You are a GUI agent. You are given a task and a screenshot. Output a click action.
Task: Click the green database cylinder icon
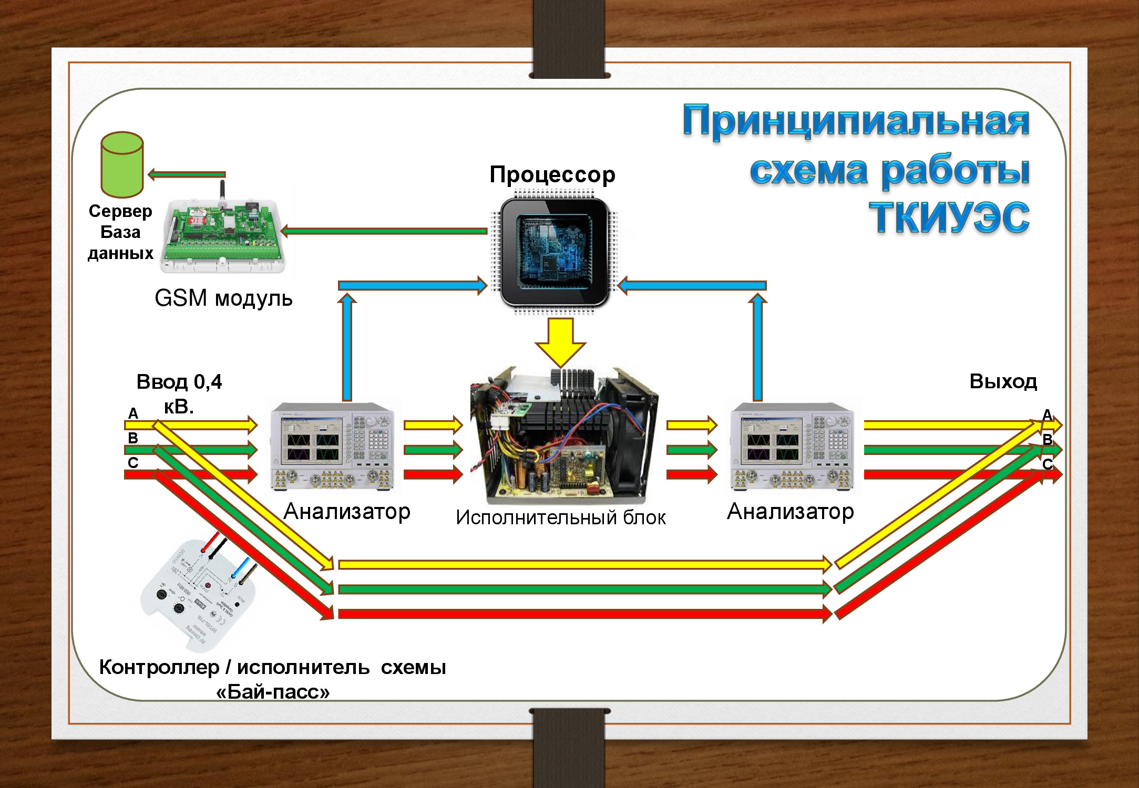point(122,165)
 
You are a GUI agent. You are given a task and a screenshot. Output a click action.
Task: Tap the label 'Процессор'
point(552,175)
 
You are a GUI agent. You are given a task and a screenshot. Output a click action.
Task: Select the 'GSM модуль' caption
point(223,298)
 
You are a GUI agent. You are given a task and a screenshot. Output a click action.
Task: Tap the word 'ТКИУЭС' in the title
point(949,217)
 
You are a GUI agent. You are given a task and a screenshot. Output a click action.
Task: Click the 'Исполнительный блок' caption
point(560,518)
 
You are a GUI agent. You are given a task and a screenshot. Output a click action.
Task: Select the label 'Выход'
point(1003,381)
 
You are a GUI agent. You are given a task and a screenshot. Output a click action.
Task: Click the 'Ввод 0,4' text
point(179,382)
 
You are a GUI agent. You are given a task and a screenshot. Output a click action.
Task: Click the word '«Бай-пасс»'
point(273,692)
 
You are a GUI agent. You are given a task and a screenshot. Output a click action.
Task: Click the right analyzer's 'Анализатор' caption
point(790,511)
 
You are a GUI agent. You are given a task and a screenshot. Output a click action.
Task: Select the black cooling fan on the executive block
point(628,431)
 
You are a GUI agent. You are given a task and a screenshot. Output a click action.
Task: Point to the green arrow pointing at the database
point(187,174)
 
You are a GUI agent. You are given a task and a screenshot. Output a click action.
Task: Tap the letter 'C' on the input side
point(133,463)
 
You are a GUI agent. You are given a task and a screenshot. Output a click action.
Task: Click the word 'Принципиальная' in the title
point(856,121)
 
